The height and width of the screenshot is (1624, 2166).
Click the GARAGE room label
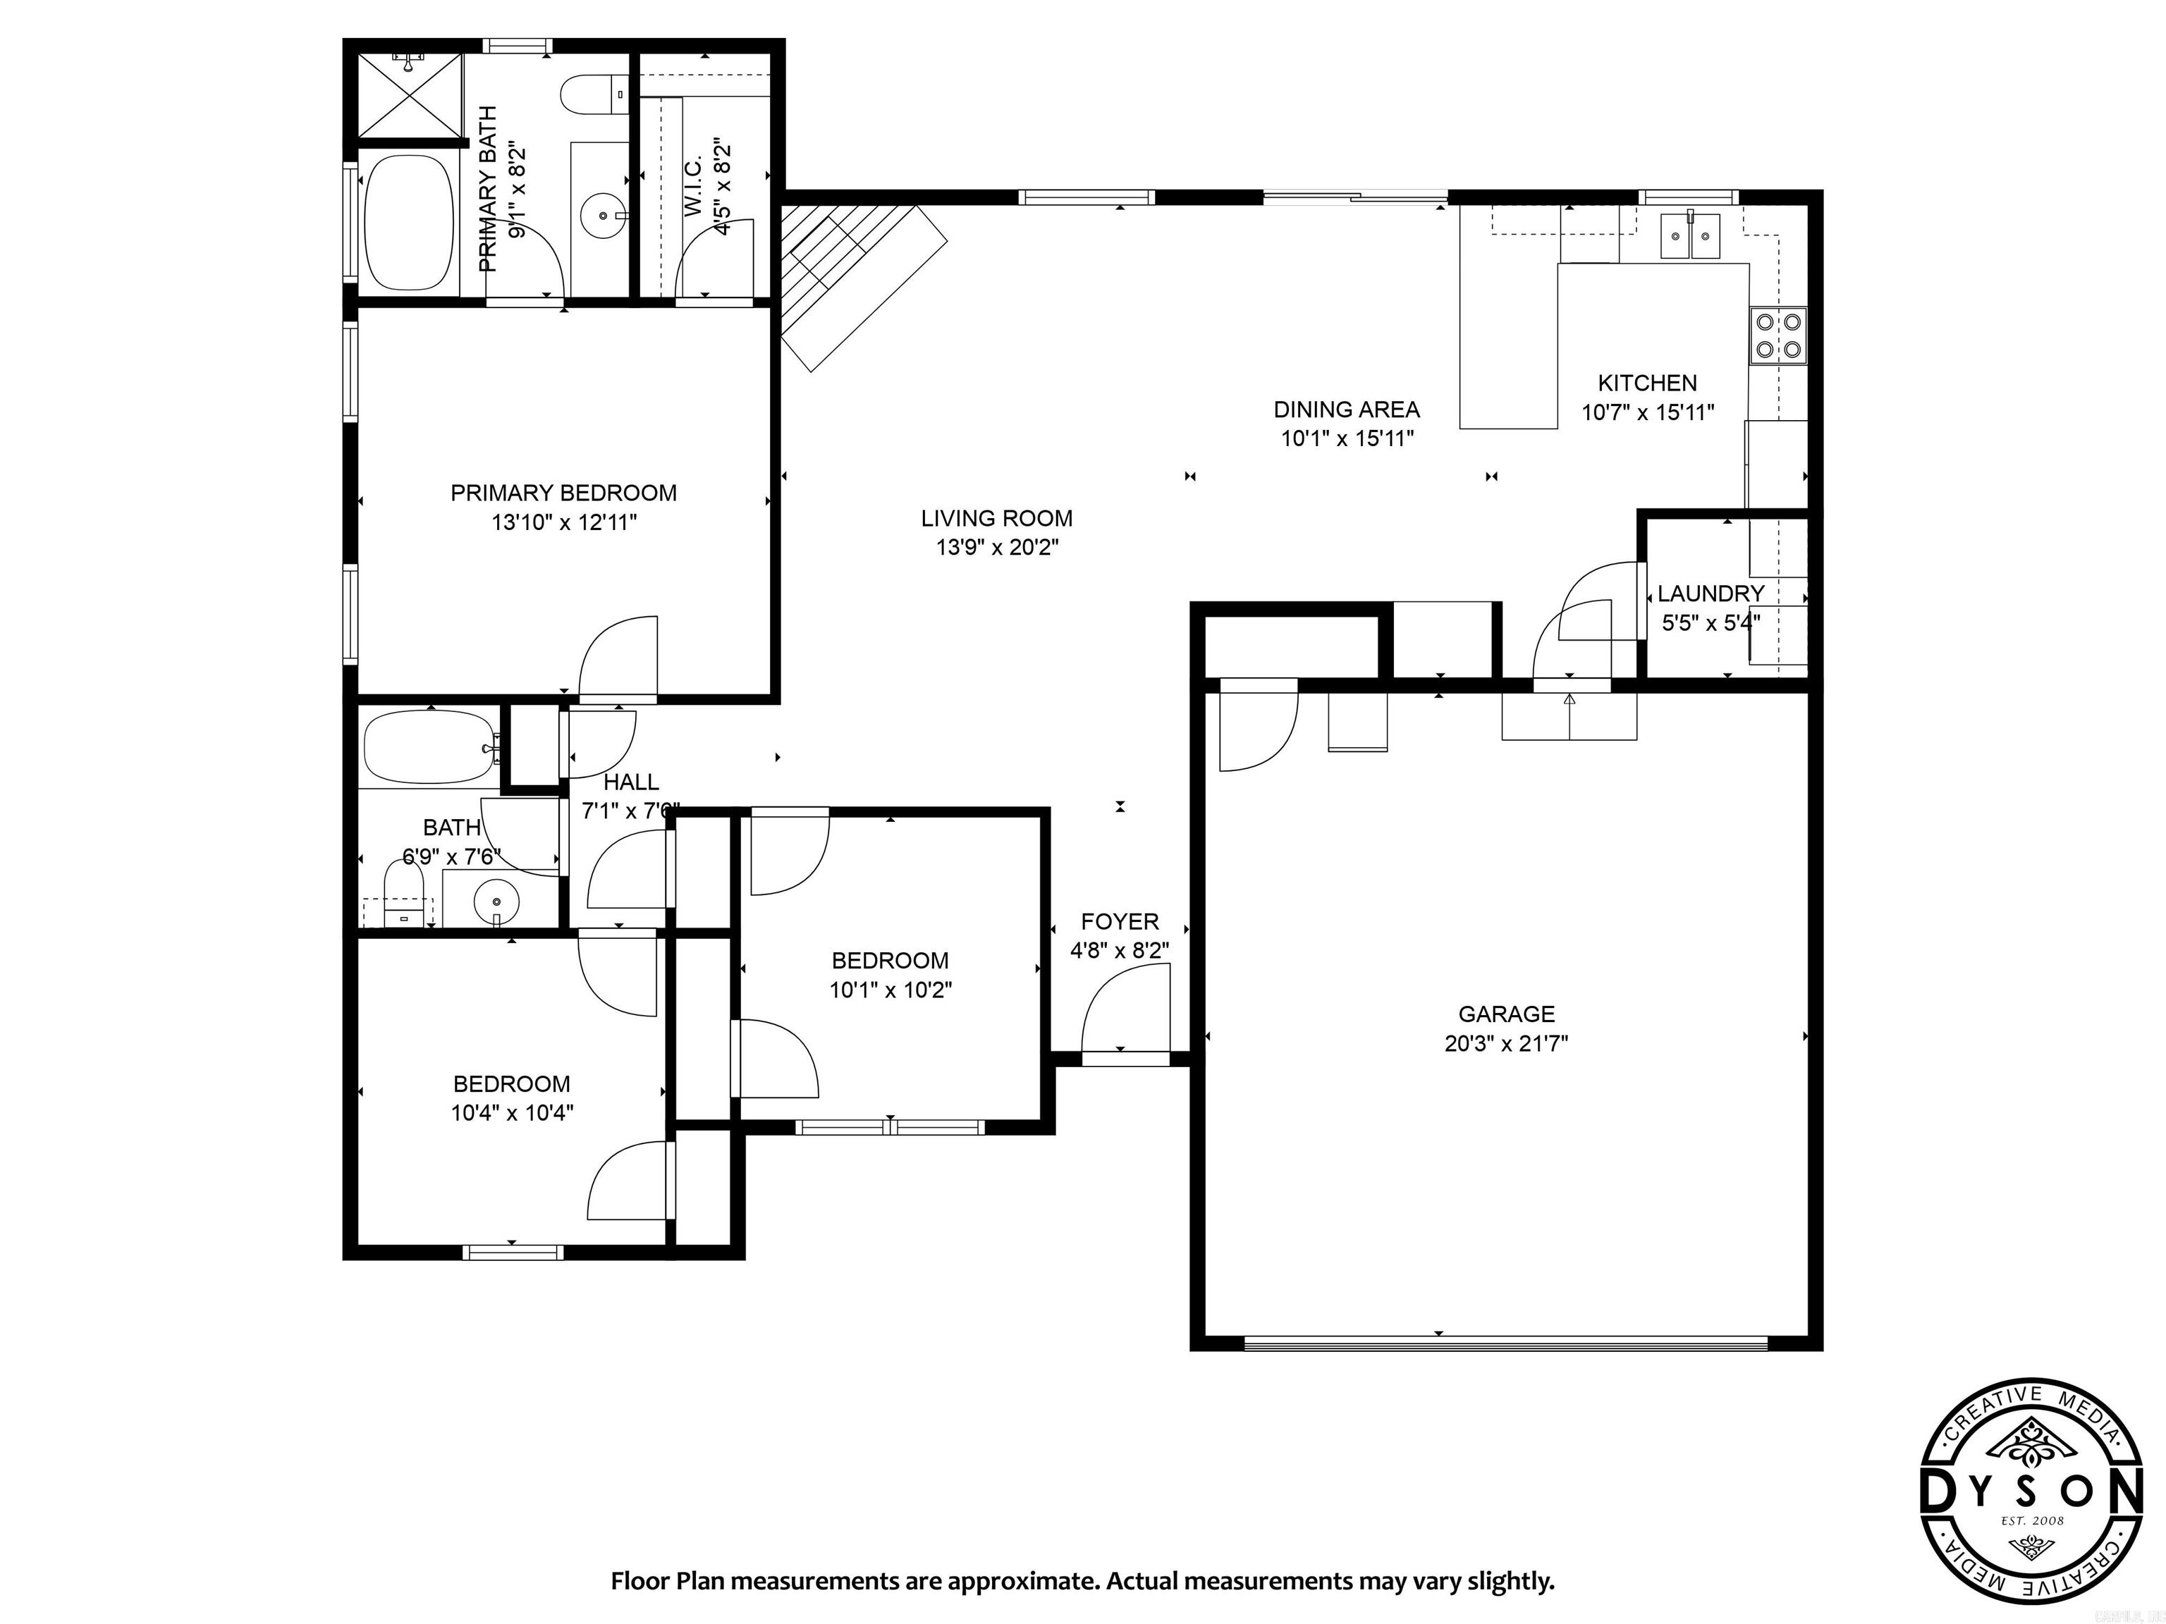point(1506,1014)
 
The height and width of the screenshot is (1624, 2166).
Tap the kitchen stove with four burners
point(1778,336)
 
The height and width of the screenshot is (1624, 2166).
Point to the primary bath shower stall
point(410,96)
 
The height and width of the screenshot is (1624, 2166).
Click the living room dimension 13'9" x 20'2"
point(997,547)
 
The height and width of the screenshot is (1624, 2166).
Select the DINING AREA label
point(1347,410)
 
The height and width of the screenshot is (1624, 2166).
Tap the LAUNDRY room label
point(1710,593)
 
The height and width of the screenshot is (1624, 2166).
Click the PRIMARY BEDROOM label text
point(563,493)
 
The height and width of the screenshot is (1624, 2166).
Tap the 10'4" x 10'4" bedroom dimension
point(511,1113)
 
